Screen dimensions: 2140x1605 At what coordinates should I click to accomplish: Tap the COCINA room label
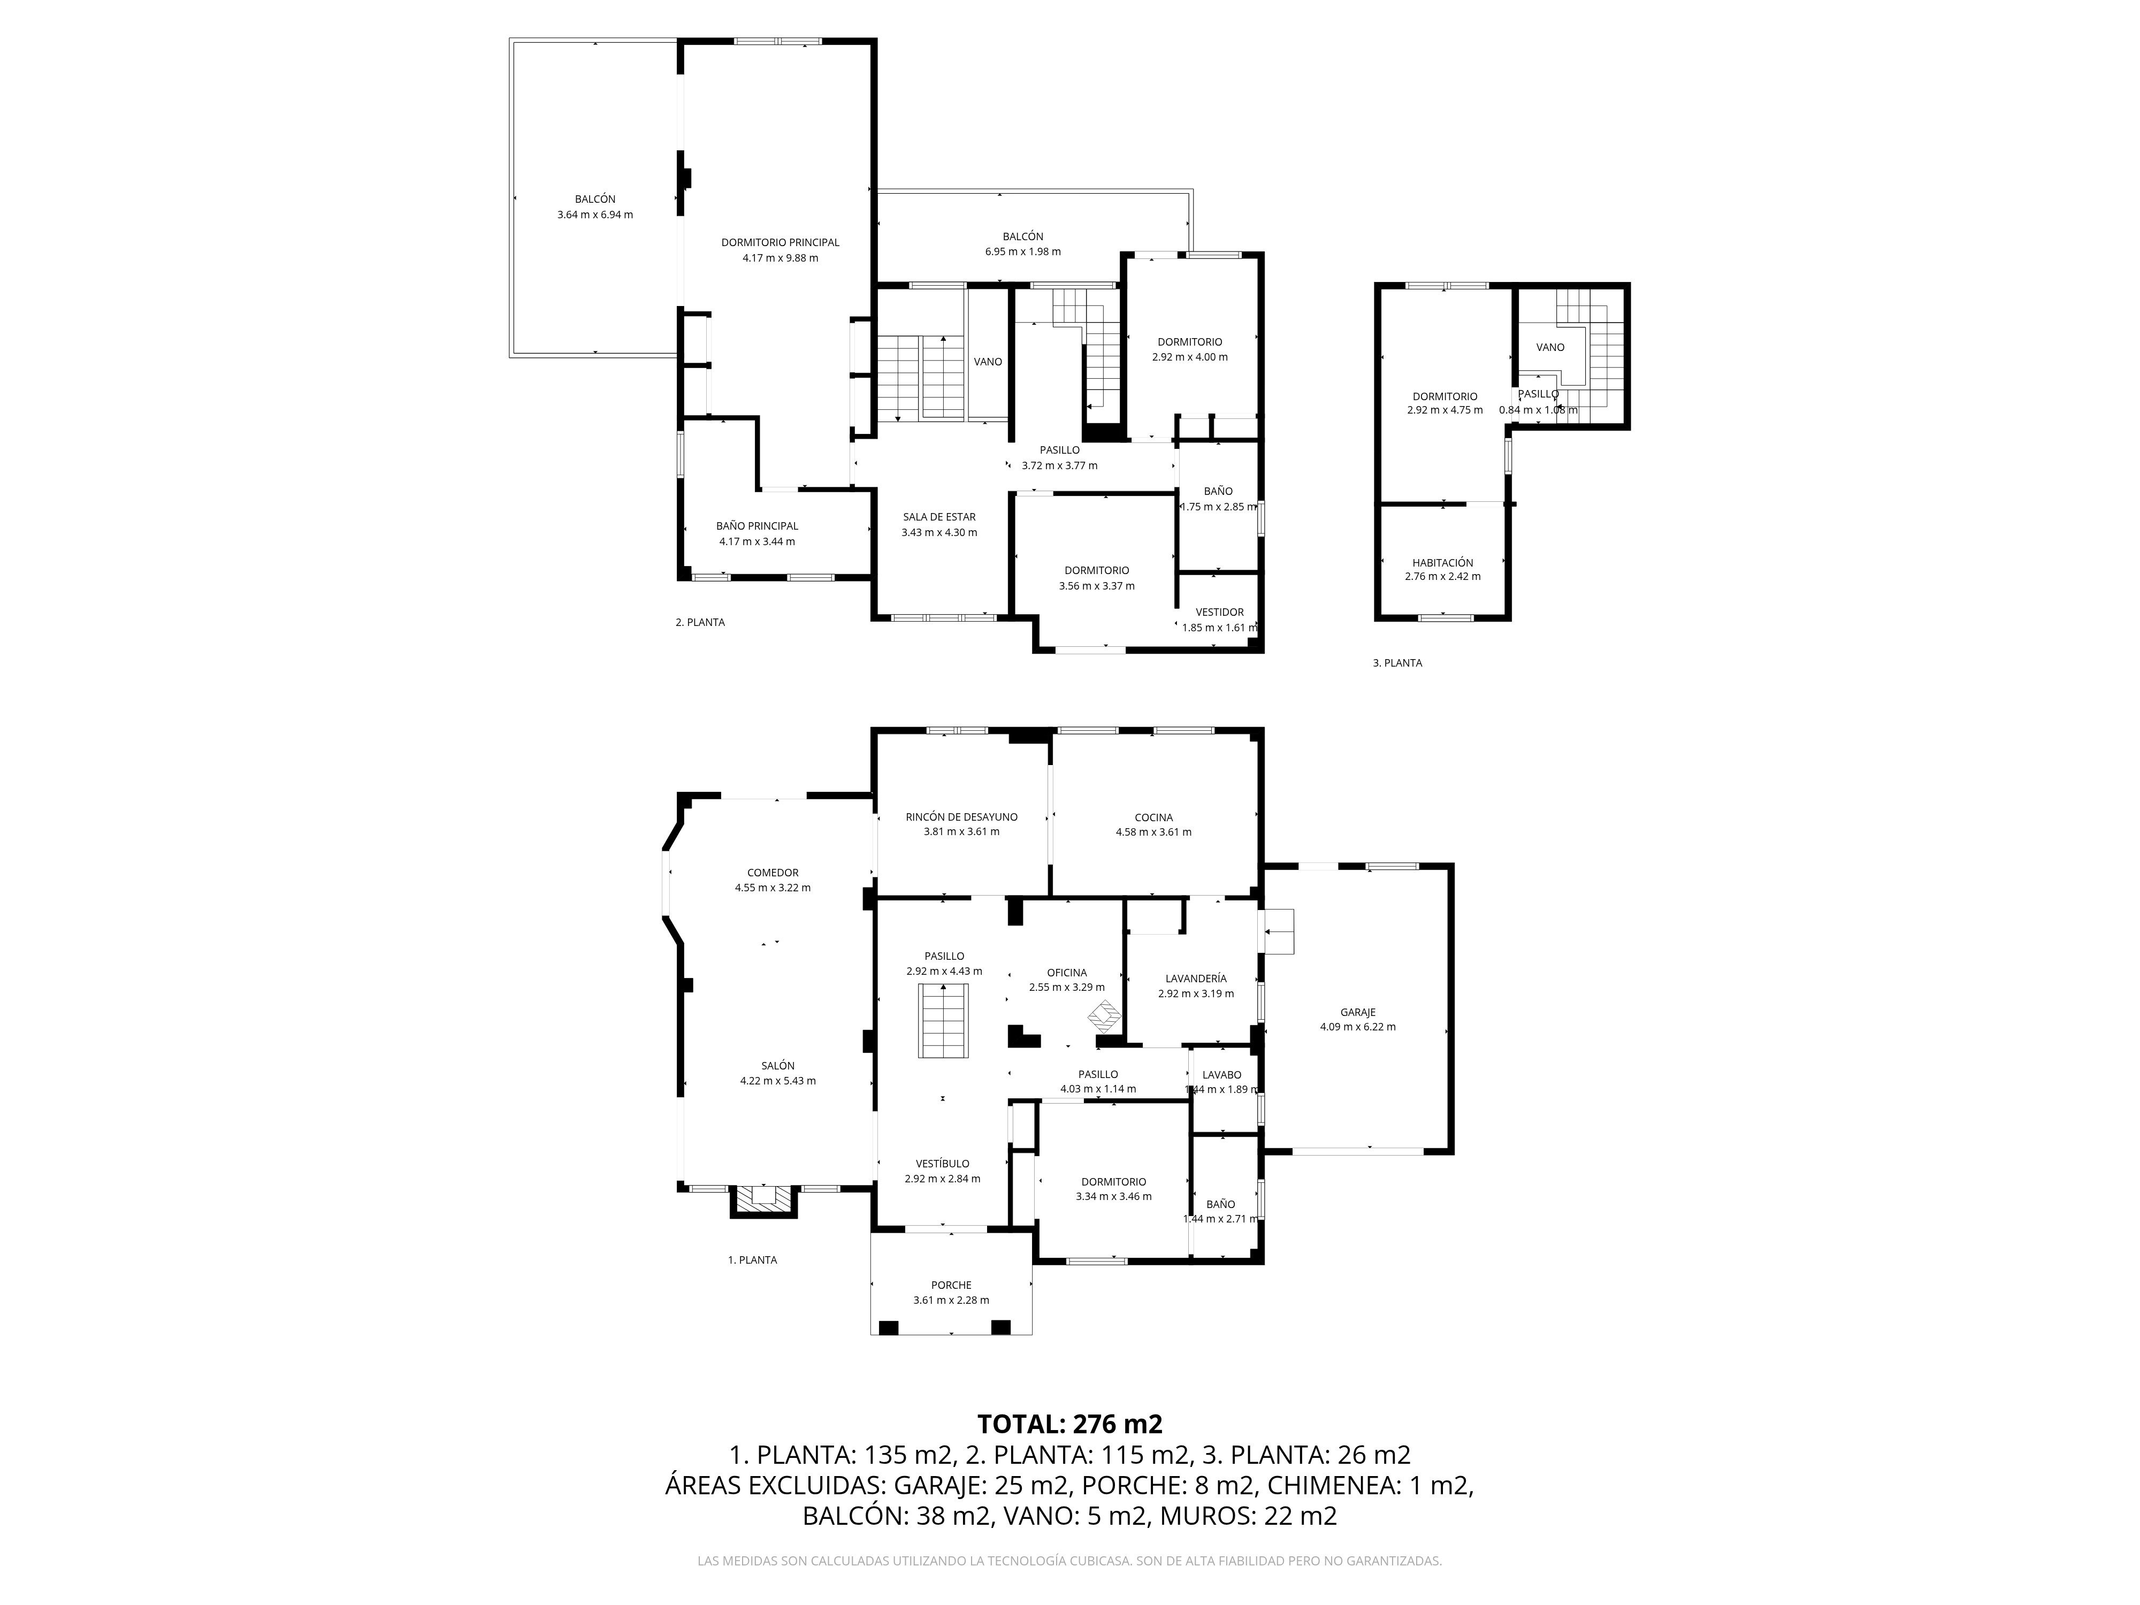point(1153,817)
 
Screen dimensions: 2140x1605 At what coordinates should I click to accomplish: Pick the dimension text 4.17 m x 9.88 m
point(780,258)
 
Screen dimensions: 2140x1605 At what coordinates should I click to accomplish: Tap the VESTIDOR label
point(1219,613)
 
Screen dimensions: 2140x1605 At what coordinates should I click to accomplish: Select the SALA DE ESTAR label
point(939,517)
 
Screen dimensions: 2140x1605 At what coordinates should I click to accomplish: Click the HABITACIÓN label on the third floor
point(1442,562)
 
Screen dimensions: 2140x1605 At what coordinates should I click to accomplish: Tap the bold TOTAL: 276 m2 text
point(1070,1424)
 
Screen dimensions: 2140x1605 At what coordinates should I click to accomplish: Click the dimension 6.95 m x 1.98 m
point(1022,251)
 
